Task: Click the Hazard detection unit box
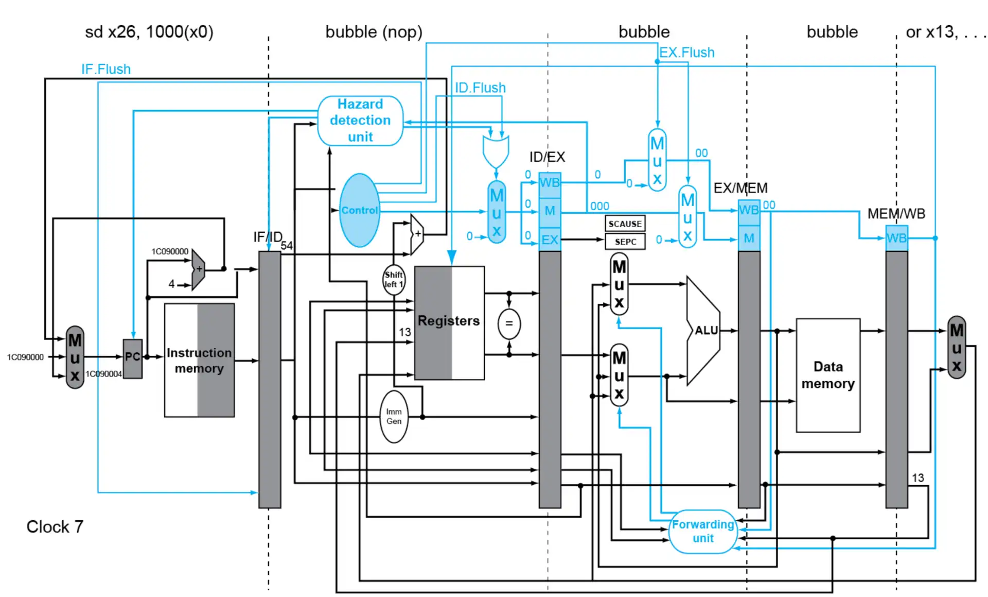pyautogui.click(x=360, y=121)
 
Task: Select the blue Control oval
pyautogui.click(x=360, y=210)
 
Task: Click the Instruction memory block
pyautogui.click(x=199, y=360)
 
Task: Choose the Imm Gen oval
pyautogui.click(x=394, y=416)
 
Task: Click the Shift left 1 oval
pyautogui.click(x=394, y=280)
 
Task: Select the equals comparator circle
pyautogui.click(x=509, y=324)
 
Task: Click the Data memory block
pyautogui.click(x=827, y=375)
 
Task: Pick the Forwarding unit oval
pyautogui.click(x=703, y=531)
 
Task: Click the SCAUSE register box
pyautogui.click(x=625, y=224)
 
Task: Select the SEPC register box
pyautogui.click(x=625, y=242)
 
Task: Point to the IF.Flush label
pyautogui.click(x=106, y=69)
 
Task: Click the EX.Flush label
pyautogui.click(x=687, y=53)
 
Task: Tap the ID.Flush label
pyautogui.click(x=480, y=88)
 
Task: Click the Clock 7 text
pyautogui.click(x=55, y=526)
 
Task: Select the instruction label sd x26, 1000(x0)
pyautogui.click(x=149, y=32)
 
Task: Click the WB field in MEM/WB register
pyautogui.click(x=896, y=238)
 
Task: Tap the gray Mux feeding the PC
pyautogui.click(x=75, y=357)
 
